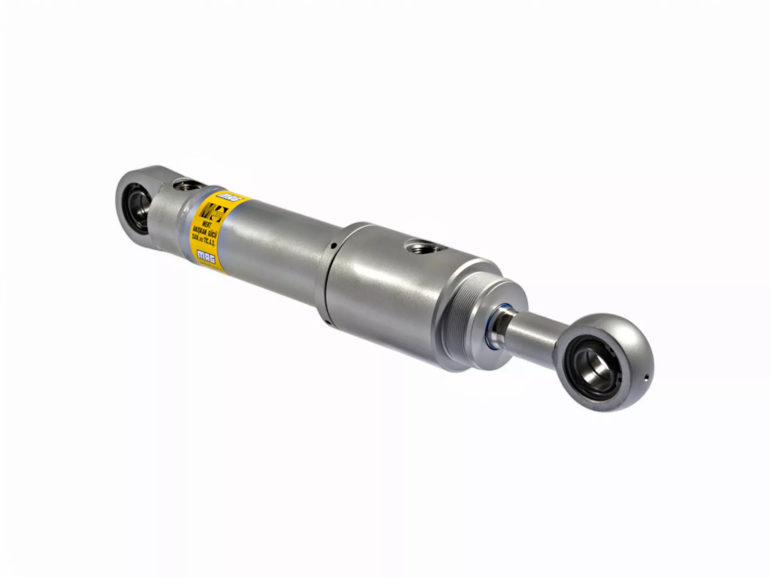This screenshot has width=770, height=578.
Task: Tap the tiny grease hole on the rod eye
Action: click(646, 377)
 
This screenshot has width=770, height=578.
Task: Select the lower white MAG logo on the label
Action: click(206, 256)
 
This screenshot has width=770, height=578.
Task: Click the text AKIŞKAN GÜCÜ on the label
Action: click(205, 232)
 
